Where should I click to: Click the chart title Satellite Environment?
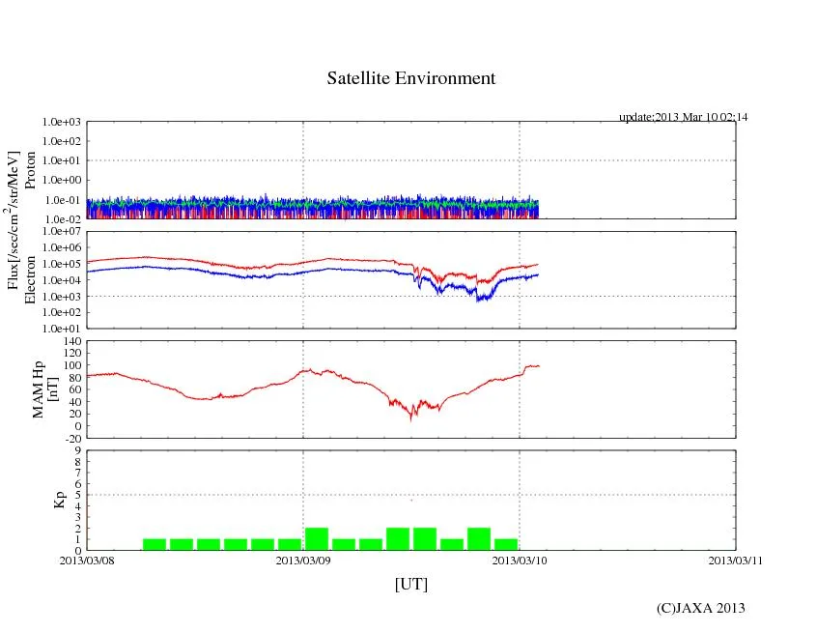[411, 78]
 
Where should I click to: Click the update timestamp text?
[683, 117]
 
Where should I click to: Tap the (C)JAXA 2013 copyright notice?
[701, 608]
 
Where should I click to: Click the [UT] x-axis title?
[410, 584]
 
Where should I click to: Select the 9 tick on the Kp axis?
[78, 450]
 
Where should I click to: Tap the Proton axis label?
[30, 171]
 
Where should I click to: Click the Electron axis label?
[30, 279]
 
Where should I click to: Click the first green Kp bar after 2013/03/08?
[155, 544]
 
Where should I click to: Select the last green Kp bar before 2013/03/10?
[506, 544]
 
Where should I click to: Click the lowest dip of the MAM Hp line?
[411, 418]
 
